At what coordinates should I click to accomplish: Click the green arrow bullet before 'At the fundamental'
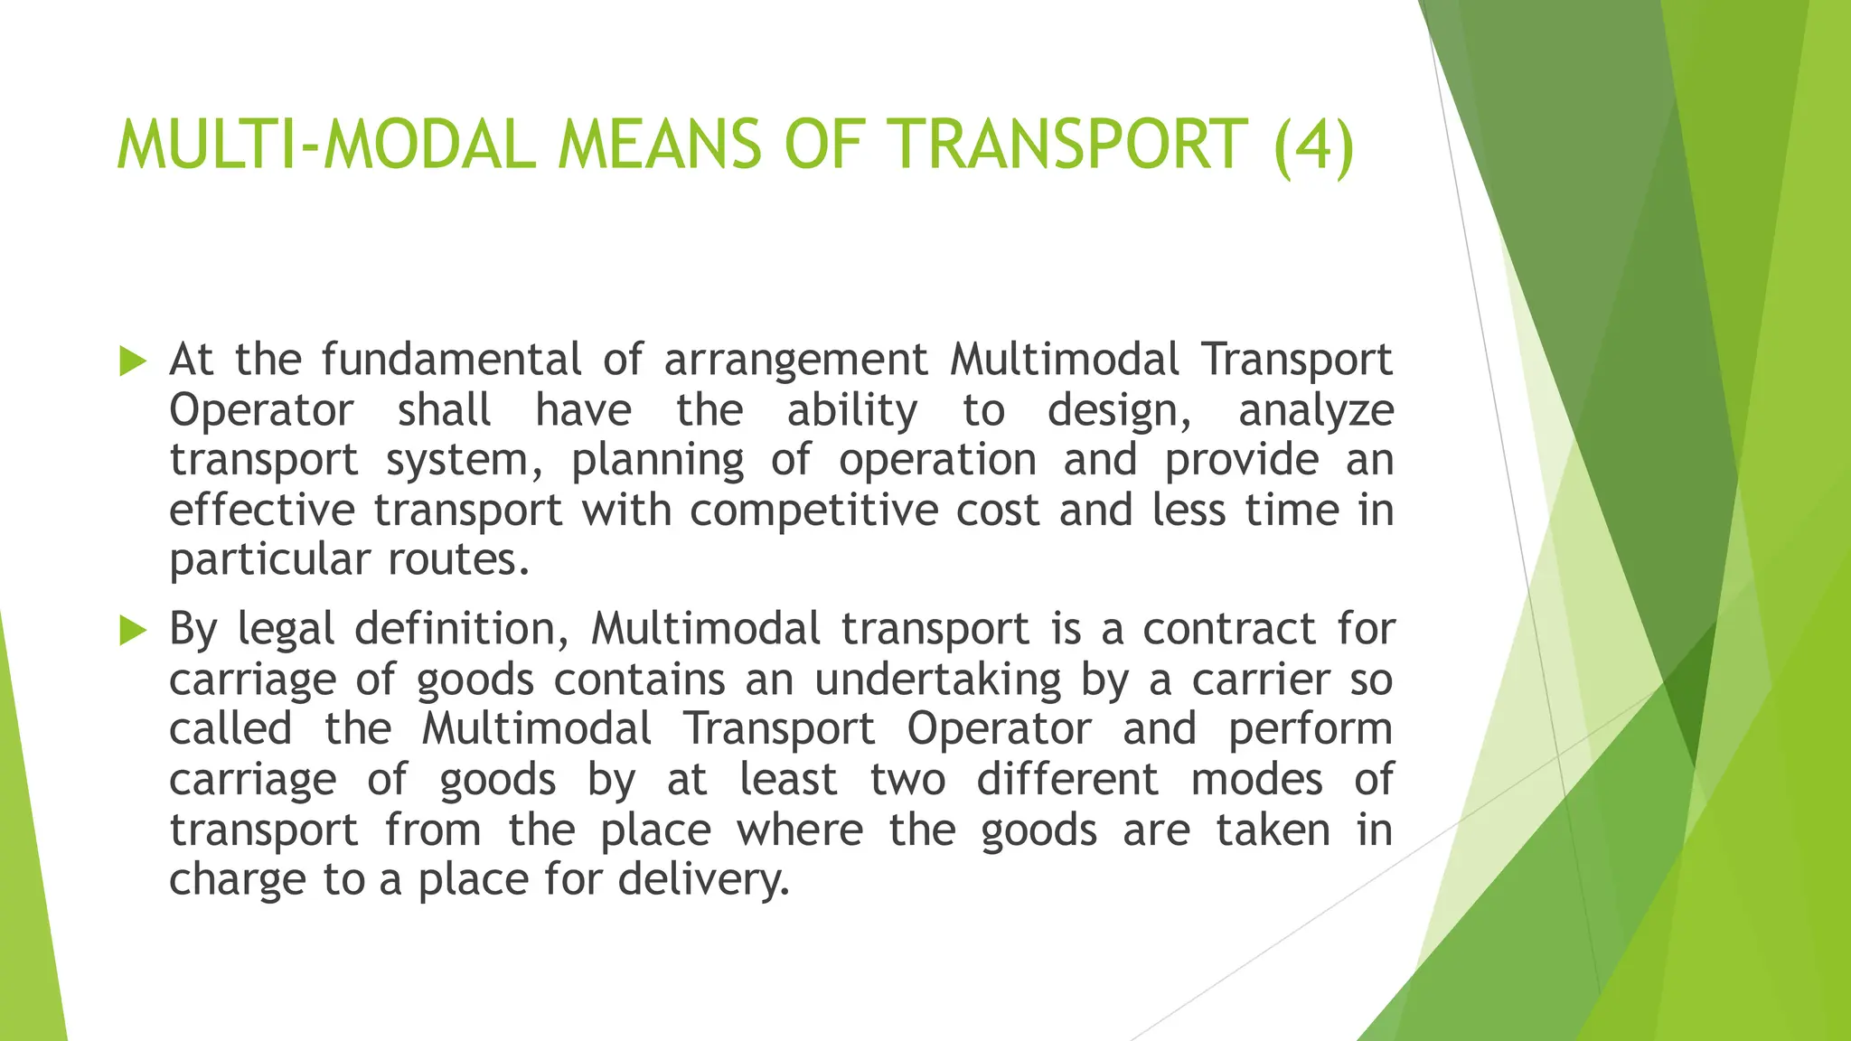pos(132,361)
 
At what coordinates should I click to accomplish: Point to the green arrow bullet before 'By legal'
pos(132,631)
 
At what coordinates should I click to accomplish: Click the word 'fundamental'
pos(451,360)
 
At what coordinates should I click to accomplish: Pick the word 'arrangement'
pos(795,361)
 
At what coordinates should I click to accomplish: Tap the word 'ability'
pos(851,411)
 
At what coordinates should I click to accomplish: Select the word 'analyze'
pos(1316,411)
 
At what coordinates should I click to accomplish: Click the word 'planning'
pos(657,462)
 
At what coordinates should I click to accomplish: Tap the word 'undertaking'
pos(937,680)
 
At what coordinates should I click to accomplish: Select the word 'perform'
pos(1311,730)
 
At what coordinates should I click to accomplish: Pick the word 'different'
pos(1067,779)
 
